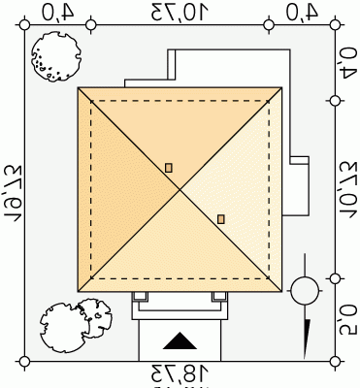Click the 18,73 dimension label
tap(180, 373)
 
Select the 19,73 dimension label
tap(12, 193)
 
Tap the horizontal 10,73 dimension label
tap(180, 13)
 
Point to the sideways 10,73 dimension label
tap(348, 190)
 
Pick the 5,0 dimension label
tap(348, 318)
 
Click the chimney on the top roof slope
tap(169, 168)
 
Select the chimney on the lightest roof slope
tap(221, 219)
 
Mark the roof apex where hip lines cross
tap(180, 190)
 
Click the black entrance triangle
tap(180, 340)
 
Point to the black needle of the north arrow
tap(307, 339)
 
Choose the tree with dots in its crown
tap(56, 56)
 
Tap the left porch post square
tap(140, 296)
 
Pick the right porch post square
tap(219, 296)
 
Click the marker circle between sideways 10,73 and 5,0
tap(336, 278)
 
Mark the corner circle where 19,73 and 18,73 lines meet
tap(24, 361)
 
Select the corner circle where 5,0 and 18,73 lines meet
tap(336, 361)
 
